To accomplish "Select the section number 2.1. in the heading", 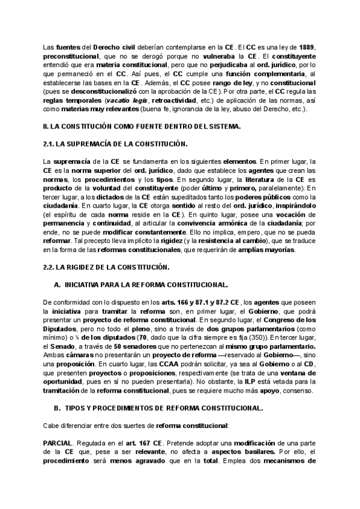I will point(50,143).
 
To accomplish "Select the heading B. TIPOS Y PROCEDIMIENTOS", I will point(157,408).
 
